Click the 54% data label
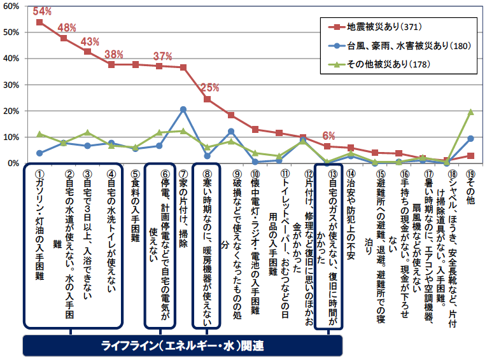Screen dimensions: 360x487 [x=42, y=11]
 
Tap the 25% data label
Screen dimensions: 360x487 [x=209, y=88]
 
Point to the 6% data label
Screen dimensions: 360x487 [x=328, y=135]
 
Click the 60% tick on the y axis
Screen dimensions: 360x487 [x=11, y=6]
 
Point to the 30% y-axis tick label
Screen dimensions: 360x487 [x=11, y=85]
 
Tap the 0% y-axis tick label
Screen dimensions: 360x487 [x=14, y=163]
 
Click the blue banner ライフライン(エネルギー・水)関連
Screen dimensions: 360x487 [x=183, y=347]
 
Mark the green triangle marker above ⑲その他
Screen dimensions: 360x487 [x=471, y=111]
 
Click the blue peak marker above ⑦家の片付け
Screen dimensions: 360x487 [x=183, y=109]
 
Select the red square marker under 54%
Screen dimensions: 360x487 [x=39, y=22]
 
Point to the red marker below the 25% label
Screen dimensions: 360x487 [x=207, y=99]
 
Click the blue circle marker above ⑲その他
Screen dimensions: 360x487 [x=471, y=138]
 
